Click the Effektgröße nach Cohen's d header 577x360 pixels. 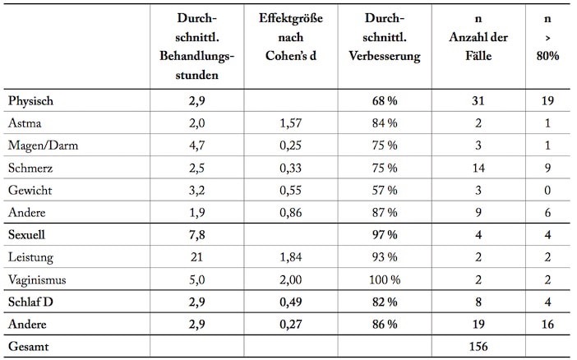(291, 37)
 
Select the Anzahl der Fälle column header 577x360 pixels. (478, 37)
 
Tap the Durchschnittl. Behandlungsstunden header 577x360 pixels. (197, 46)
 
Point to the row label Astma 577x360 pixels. (25, 123)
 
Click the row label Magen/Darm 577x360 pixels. (43, 145)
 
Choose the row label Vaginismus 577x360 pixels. (37, 279)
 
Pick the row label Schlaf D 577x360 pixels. (30, 302)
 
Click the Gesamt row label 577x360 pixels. (28, 346)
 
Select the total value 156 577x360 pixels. (478, 346)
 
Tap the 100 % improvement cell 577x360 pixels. (385, 279)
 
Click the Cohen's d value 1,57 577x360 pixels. (291, 123)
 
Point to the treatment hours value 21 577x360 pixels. (197, 257)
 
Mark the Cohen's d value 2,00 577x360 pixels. (291, 279)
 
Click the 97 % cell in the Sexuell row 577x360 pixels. (385, 235)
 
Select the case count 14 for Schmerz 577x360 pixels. (478, 168)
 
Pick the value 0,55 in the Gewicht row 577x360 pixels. (291, 190)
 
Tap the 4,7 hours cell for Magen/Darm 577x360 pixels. (197, 145)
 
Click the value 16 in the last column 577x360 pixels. (547, 325)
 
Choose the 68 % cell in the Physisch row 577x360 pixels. (385, 101)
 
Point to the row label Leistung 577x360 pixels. (30, 257)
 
